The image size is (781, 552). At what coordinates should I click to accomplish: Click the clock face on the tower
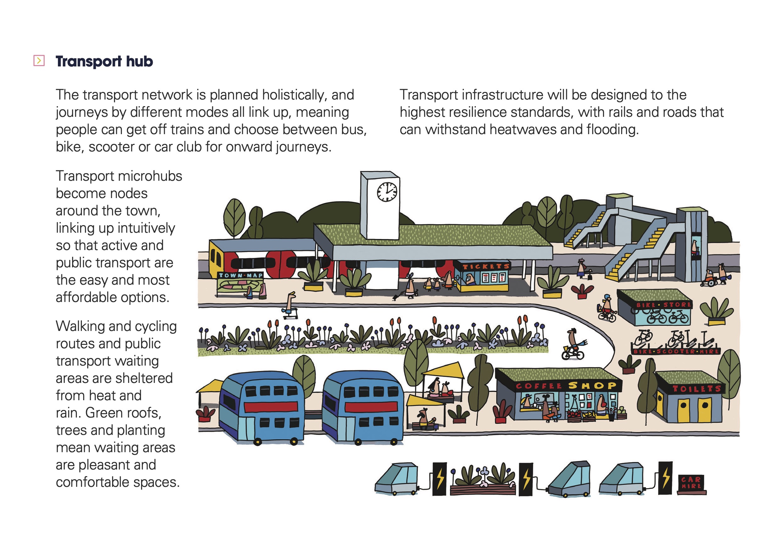pos(387,192)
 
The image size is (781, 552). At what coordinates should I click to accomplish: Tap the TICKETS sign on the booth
pos(486,267)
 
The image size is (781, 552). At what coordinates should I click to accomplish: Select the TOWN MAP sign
pos(241,275)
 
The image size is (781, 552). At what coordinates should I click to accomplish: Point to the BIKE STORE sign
pos(663,305)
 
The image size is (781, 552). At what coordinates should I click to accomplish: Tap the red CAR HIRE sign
pos(692,483)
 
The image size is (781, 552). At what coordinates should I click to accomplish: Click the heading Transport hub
pos(105,61)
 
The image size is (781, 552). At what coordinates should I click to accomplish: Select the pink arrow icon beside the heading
pos(39,61)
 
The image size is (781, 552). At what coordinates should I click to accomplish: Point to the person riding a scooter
pos(290,305)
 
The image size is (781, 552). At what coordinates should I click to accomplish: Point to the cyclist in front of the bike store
pos(607,308)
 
